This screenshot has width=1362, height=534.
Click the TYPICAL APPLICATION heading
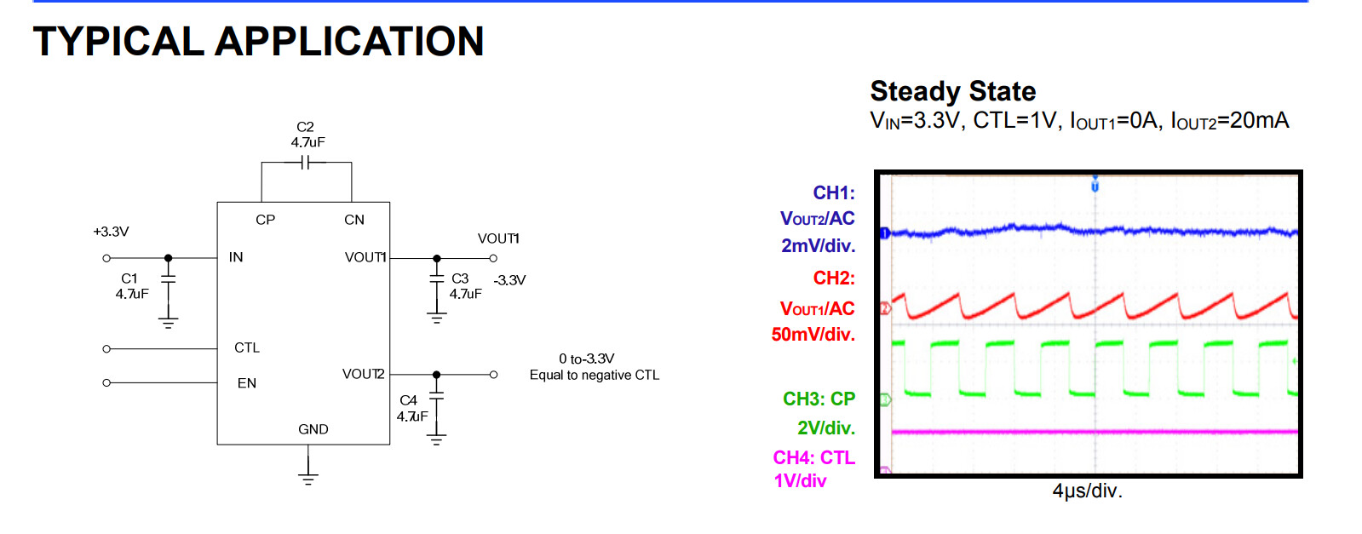pyautogui.click(x=258, y=42)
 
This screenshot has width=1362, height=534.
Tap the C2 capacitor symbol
pyautogui.click(x=305, y=163)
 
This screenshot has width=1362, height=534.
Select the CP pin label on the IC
pyautogui.click(x=265, y=220)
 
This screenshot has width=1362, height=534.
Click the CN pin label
pyautogui.click(x=353, y=220)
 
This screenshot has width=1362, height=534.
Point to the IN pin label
pyautogui.click(x=236, y=257)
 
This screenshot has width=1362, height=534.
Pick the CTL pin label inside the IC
pyautogui.click(x=247, y=347)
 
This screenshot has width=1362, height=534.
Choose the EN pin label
pyautogui.click(x=247, y=383)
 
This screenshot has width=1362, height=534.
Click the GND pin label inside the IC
pyautogui.click(x=313, y=429)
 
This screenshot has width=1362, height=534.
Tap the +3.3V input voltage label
pyautogui.click(x=112, y=232)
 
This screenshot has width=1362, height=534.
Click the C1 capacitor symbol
pyautogui.click(x=169, y=279)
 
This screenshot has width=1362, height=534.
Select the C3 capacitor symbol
pyautogui.click(x=437, y=278)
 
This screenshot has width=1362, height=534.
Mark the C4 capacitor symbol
pyautogui.click(x=437, y=395)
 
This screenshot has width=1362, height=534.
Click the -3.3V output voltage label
pyautogui.click(x=509, y=280)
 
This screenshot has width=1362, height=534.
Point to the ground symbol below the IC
pyautogui.click(x=308, y=479)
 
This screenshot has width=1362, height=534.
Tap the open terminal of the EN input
pyautogui.click(x=106, y=382)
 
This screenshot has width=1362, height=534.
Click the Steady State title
pyautogui.click(x=953, y=91)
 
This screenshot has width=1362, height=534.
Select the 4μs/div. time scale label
pyautogui.click(x=1087, y=491)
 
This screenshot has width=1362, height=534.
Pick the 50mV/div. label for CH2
pyautogui.click(x=813, y=335)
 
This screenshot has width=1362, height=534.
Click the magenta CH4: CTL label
pyautogui.click(x=814, y=457)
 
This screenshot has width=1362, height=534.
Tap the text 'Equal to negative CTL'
pyautogui.click(x=594, y=376)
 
